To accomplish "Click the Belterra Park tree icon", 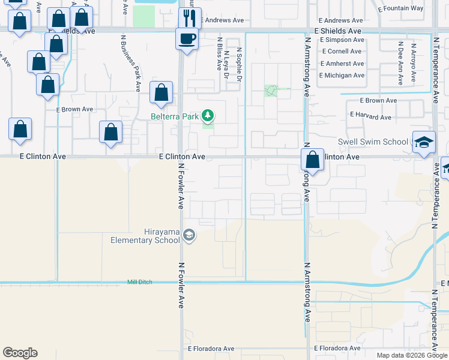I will pos(208,115).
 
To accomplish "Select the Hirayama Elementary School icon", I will pos(188,235).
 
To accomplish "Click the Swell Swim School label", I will pos(372,142).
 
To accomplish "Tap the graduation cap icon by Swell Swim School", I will pos(424,142).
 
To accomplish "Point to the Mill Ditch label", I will pos(140,282).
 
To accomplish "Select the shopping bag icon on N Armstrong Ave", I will pos(312,160).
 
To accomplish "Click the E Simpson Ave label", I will pos(342,40).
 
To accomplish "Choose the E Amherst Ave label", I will pos(342,64).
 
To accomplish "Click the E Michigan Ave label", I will pos(342,76).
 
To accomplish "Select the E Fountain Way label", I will pos(402,8).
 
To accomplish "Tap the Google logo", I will pos(20,353).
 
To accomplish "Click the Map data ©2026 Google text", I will pos(411,355).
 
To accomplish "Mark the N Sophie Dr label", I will pos(239,65).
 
